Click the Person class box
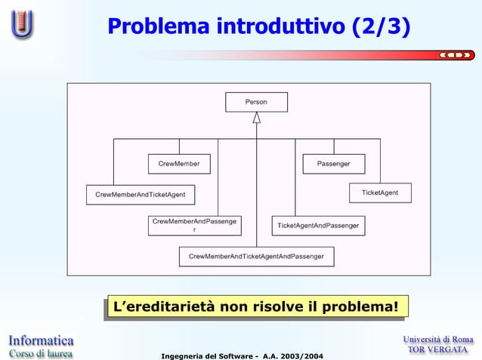[256, 101]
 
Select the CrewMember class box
[179, 164]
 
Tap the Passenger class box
[333, 164]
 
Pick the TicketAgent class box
[379, 193]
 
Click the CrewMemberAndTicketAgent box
[141, 195]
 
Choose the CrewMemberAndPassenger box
[195, 225]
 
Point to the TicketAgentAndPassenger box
[318, 226]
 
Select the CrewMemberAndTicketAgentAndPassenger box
[256, 257]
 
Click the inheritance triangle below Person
[256, 118]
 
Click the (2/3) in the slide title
[382, 27]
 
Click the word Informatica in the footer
[42, 339]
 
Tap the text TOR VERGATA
[438, 351]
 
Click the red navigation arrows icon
[456, 55]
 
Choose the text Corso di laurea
[42, 352]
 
